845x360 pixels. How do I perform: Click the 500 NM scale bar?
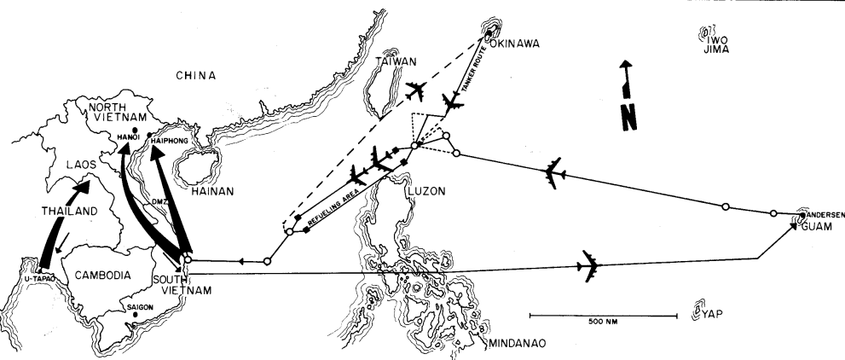point(604,316)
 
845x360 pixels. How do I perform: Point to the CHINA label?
point(196,76)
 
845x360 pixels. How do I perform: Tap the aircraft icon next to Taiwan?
point(418,90)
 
